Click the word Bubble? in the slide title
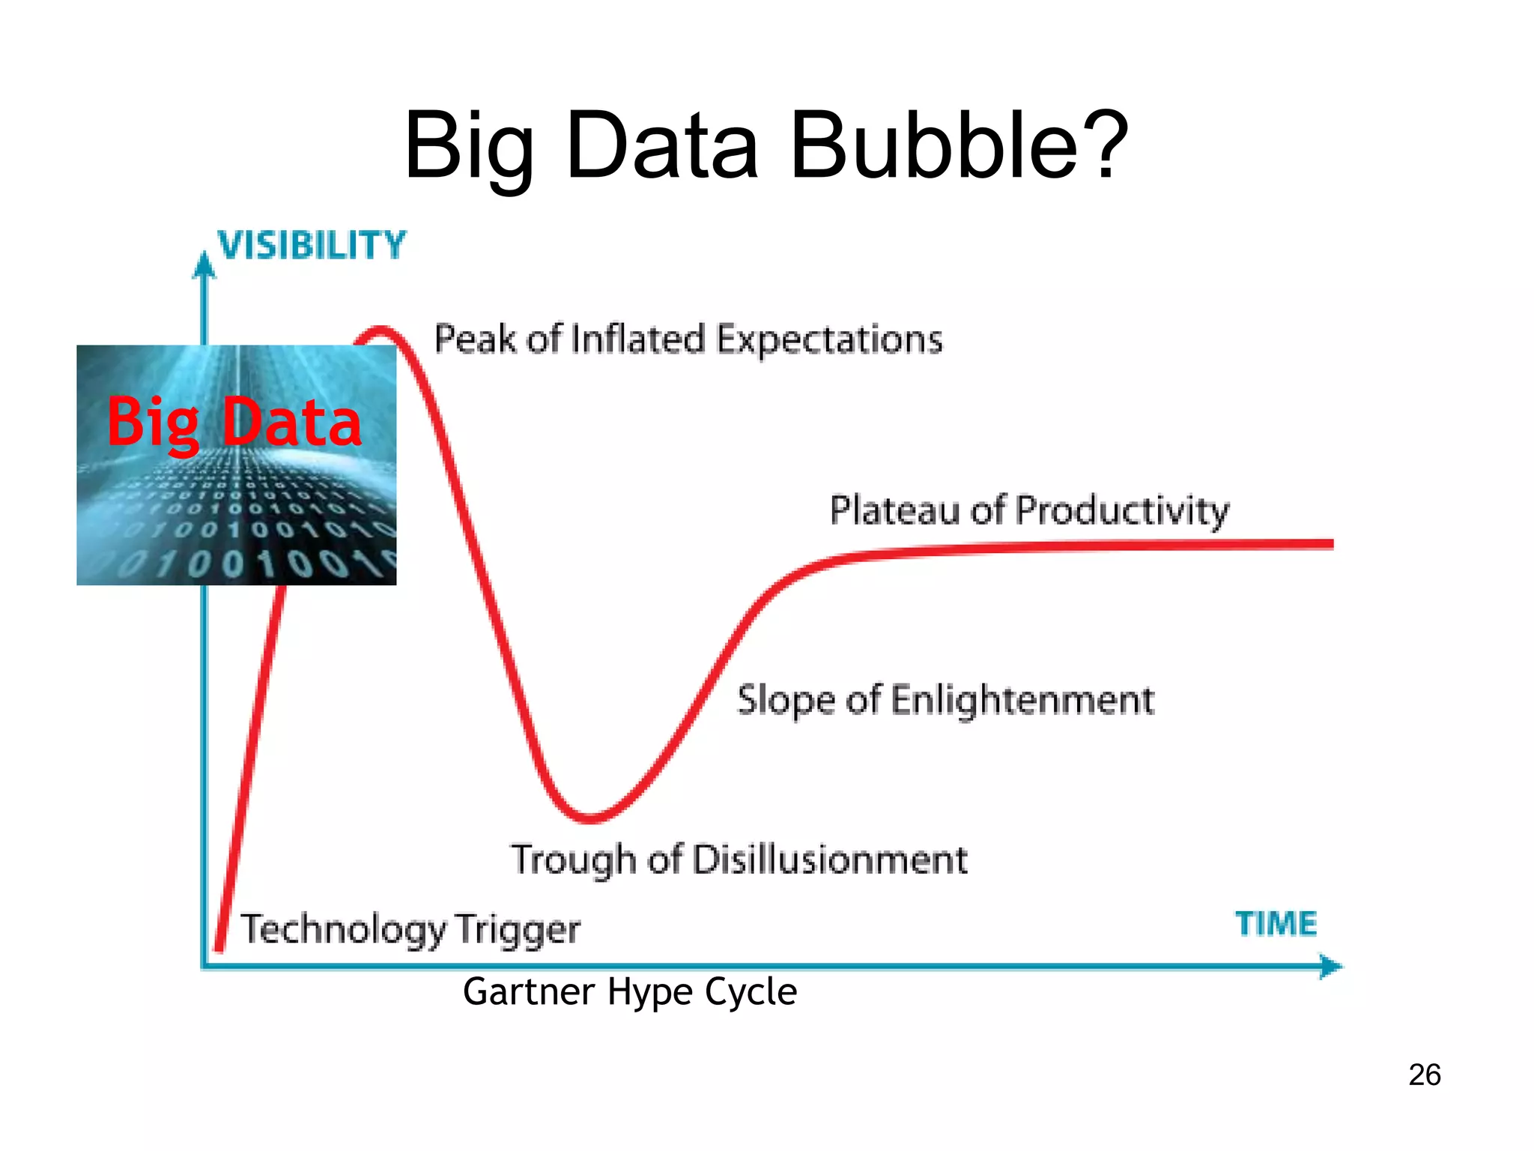tap(959, 146)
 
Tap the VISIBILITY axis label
tap(312, 246)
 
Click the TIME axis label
tap(1276, 923)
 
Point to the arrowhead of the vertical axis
tap(204, 265)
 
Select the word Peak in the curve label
tap(475, 339)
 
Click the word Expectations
tap(829, 339)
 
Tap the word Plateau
tap(894, 511)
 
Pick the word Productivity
tap(1123, 511)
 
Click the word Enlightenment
tap(1022, 701)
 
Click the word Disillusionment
tap(830, 860)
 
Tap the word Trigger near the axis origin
tap(518, 930)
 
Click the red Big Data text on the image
tap(234, 423)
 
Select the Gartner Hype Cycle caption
tap(629, 991)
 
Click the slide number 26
tap(1424, 1075)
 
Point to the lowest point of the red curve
tap(591, 818)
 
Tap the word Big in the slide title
tap(469, 146)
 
